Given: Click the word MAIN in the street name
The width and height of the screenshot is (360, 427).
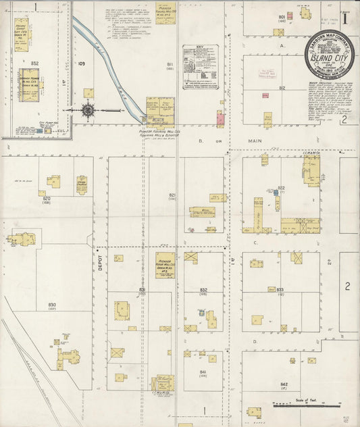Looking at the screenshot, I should click(254, 141).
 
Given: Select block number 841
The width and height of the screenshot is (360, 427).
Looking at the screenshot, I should click(203, 372).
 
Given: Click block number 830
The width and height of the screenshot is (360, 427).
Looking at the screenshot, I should click(52, 305).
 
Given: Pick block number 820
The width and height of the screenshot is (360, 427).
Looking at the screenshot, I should click(46, 199).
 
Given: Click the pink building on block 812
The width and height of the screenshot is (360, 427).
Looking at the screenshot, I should click(220, 119).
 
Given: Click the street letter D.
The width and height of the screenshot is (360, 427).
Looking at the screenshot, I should click(255, 342).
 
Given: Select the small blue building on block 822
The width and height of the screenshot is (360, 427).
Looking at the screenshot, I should click(276, 193).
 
